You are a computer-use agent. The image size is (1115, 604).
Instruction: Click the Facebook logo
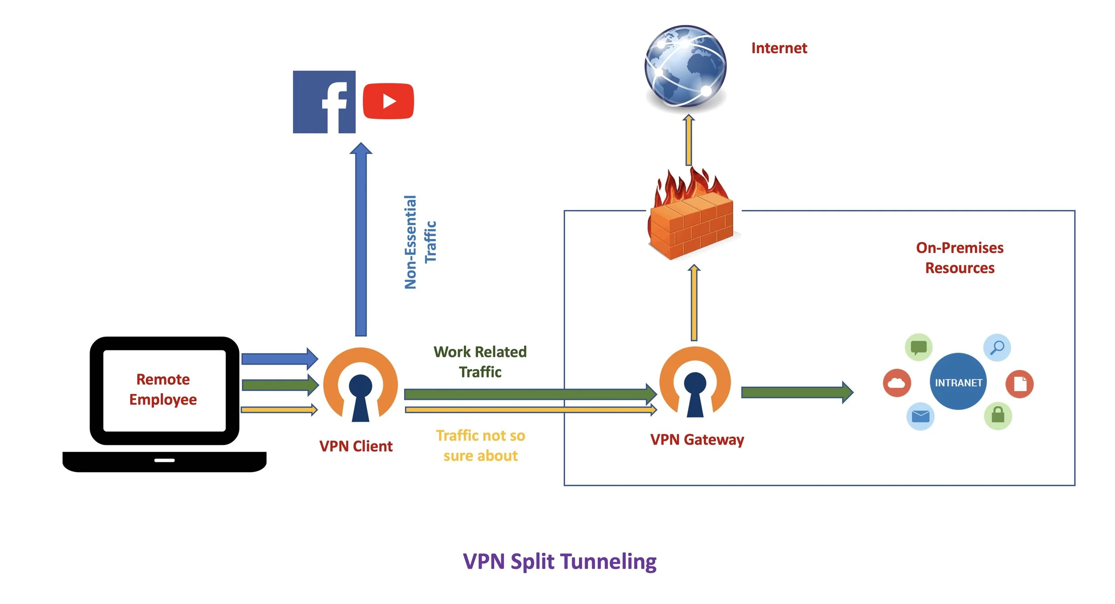point(324,102)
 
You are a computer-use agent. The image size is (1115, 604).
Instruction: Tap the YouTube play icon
point(388,101)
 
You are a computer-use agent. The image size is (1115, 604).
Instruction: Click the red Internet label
point(779,48)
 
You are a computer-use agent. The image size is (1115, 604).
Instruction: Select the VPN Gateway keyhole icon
point(695,382)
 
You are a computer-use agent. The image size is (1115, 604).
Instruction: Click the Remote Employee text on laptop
point(163,389)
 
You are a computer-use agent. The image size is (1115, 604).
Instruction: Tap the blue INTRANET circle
point(958,382)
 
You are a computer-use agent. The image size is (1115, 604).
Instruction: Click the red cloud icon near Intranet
point(896,383)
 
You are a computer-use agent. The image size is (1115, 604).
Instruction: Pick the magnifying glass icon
point(997,347)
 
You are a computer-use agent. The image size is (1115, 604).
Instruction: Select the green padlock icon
point(998,415)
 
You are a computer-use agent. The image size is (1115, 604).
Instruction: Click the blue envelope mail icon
point(920,416)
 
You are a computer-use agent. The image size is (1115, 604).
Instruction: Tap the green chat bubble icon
point(918,347)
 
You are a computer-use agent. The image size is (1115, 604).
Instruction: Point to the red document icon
point(1020,384)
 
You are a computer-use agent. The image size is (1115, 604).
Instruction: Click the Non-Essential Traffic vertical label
point(420,242)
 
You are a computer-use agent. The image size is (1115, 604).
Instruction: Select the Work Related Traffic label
point(480,362)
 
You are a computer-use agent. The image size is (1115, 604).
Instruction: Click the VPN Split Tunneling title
point(560,562)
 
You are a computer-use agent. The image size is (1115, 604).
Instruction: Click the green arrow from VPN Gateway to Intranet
point(797,392)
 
